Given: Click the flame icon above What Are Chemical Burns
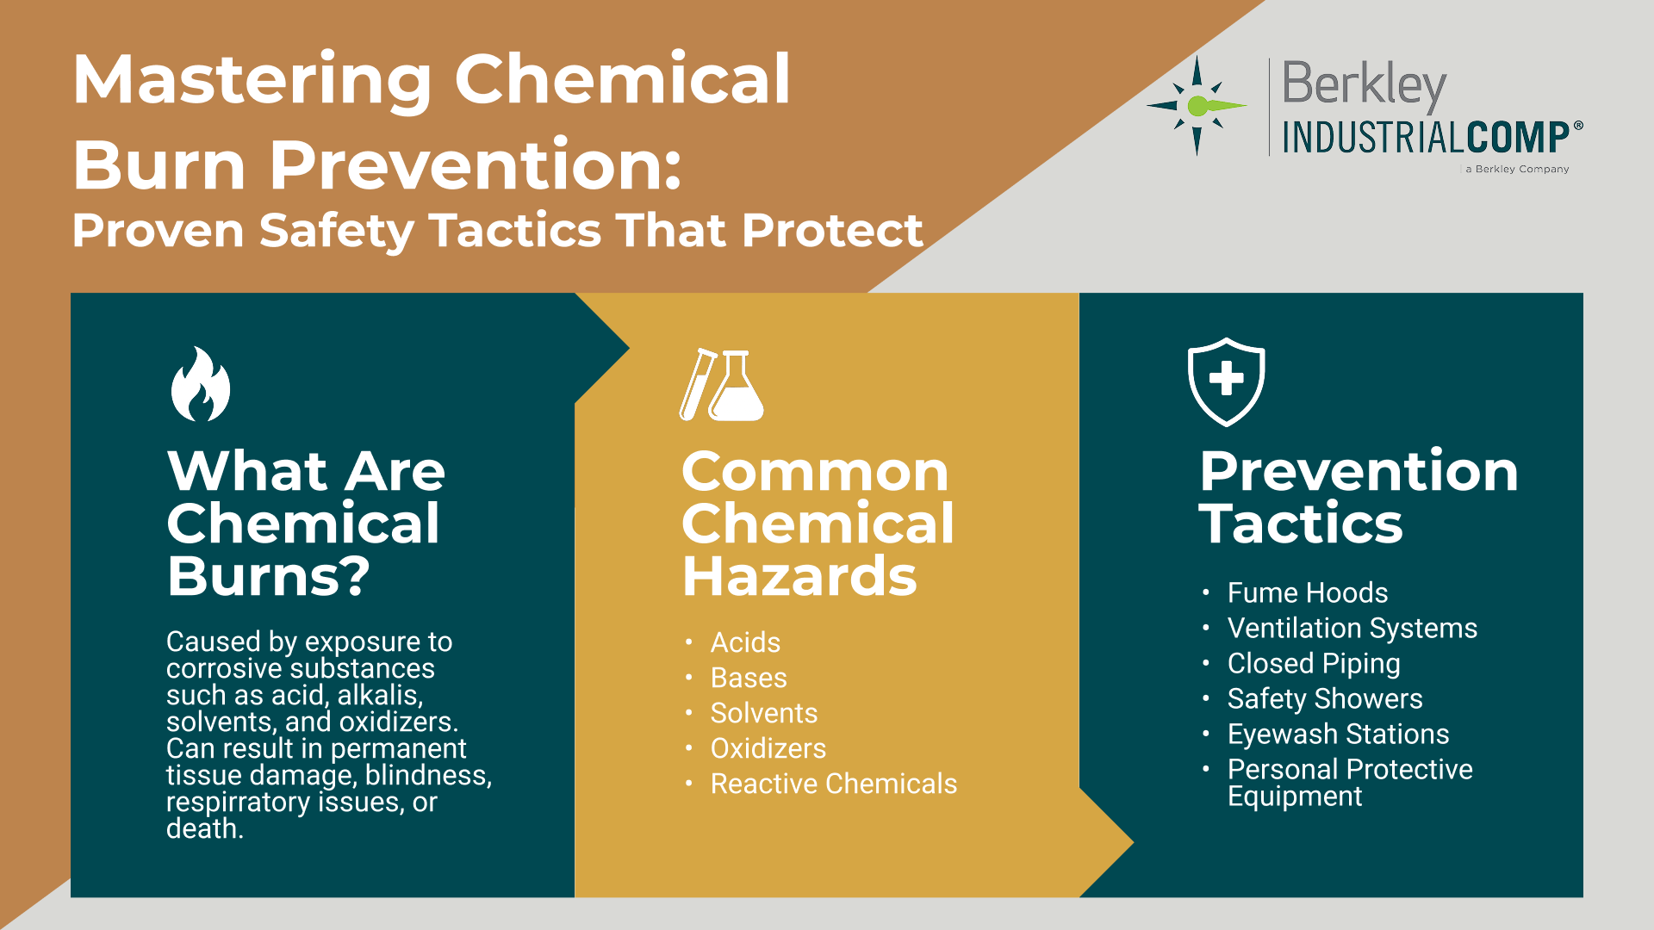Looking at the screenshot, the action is [x=201, y=384].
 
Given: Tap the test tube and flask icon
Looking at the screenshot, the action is [x=721, y=385].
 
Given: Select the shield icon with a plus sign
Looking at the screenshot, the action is [x=1226, y=381].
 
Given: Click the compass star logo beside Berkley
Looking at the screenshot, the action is [x=1197, y=106].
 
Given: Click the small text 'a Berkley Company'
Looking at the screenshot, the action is [x=1517, y=169].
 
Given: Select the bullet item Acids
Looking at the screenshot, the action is [x=745, y=642].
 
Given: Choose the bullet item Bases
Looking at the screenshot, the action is [x=749, y=678].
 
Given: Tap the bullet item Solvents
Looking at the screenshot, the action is [x=764, y=713].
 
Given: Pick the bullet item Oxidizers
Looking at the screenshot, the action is [x=768, y=748].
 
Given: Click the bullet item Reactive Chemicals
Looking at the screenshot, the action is [x=834, y=784].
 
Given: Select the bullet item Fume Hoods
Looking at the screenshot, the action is [x=1308, y=592].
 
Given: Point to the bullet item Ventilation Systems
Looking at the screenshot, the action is [x=1352, y=628].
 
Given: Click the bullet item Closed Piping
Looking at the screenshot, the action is [x=1314, y=664].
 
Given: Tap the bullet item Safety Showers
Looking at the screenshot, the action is [x=1325, y=698].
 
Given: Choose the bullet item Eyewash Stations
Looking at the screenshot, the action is [x=1339, y=734].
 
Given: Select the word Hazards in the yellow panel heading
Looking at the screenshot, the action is [x=799, y=576].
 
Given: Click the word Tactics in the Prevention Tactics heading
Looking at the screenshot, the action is [x=1301, y=524].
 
